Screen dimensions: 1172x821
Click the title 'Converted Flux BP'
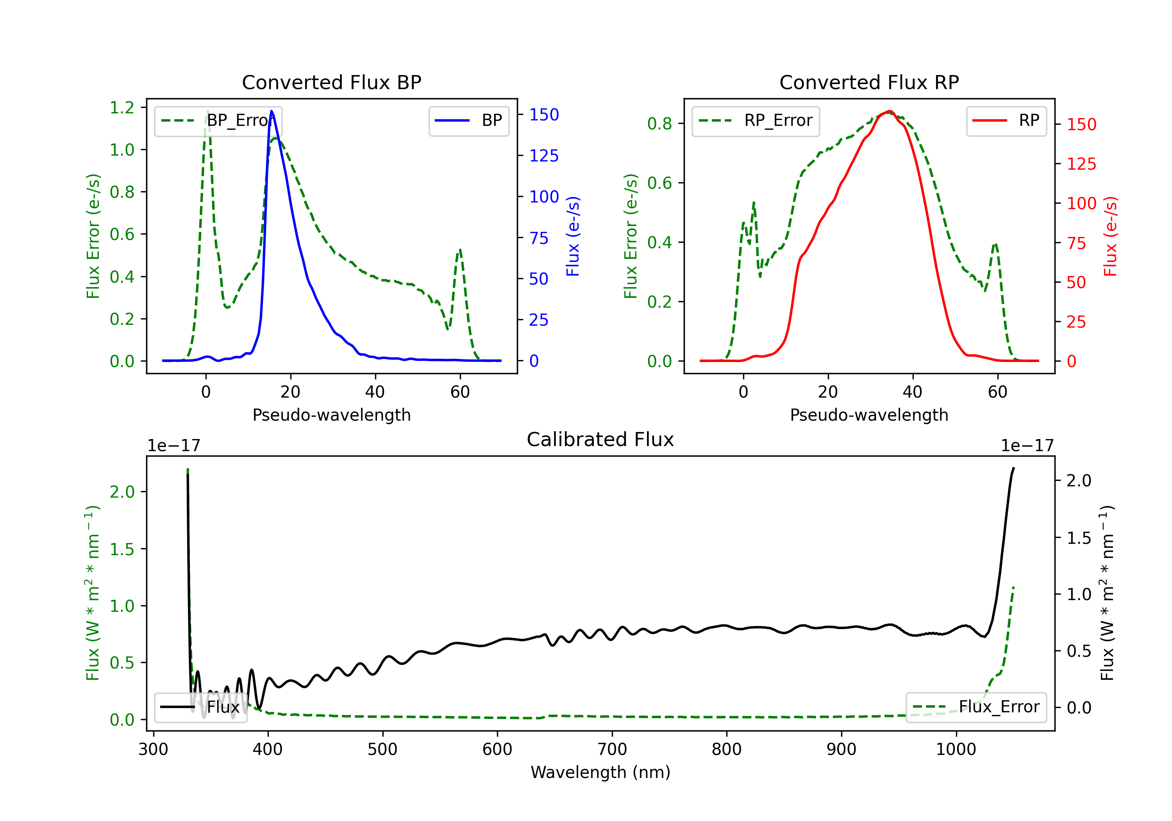point(331,82)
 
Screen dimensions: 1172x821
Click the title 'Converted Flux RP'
point(869,82)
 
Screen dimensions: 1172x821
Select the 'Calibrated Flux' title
point(600,439)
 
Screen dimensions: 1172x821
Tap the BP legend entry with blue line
point(468,120)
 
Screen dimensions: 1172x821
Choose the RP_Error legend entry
point(756,120)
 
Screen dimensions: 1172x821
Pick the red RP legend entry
point(1006,120)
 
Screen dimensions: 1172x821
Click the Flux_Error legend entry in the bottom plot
point(976,707)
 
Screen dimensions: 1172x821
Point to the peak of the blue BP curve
point(272,111)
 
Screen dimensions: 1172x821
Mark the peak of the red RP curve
point(889,111)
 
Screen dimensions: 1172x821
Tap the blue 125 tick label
point(544,156)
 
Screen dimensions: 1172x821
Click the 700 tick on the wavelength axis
point(611,749)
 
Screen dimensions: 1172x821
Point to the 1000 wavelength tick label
point(956,749)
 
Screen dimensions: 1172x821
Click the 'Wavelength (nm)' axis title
point(600,773)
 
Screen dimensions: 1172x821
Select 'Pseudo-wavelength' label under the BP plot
point(331,415)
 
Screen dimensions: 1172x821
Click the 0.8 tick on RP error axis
point(659,124)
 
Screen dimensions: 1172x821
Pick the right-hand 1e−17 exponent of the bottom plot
point(1027,446)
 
